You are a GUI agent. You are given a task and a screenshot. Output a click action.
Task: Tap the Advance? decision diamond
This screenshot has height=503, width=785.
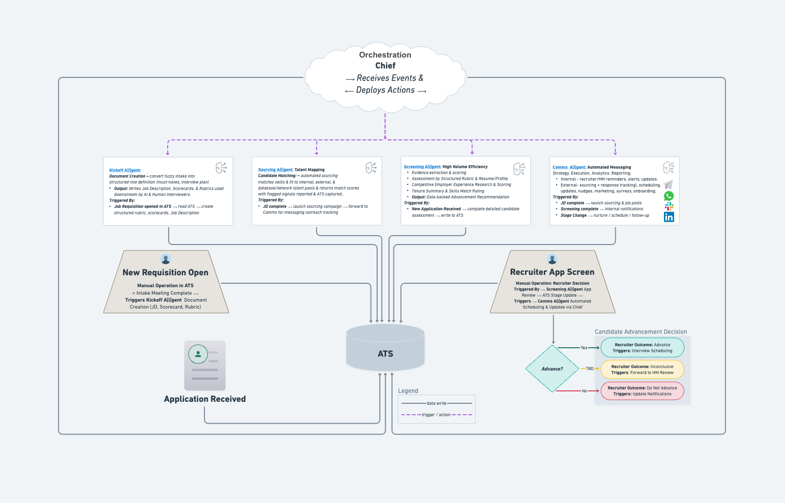coord(552,369)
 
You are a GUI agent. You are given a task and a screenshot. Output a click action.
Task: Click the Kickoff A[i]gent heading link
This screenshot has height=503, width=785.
coord(125,170)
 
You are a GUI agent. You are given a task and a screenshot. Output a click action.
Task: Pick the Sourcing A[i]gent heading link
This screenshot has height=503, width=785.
coord(275,170)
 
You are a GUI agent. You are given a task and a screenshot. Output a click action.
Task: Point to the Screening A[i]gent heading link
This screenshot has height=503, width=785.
coord(422,167)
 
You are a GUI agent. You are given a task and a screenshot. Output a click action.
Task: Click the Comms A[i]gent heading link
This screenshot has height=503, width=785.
coord(569,167)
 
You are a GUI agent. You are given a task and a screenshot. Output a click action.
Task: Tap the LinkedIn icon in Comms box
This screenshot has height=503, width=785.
coord(669,217)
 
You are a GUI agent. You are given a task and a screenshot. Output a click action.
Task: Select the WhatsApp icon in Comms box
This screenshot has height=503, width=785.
coord(669,196)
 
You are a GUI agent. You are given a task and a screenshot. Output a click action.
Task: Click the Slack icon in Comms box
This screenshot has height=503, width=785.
coord(669,206)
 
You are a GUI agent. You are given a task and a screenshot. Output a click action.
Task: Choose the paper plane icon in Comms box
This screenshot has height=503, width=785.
coord(668,185)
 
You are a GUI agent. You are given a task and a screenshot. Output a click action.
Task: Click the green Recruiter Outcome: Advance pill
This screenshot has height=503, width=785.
coord(642,348)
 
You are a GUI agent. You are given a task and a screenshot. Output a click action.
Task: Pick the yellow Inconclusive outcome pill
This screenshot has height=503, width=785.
coord(642,370)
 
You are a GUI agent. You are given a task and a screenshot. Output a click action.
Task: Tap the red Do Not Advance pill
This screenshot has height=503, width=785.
coord(642,391)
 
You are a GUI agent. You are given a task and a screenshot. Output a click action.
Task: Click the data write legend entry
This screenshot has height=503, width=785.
coord(437,403)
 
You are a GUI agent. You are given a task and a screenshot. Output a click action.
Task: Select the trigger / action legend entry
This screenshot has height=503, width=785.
coord(436,415)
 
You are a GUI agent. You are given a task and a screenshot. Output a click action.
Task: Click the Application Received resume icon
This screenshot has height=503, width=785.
coord(205,365)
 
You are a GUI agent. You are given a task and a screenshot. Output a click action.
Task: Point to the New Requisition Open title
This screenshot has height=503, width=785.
coord(165,272)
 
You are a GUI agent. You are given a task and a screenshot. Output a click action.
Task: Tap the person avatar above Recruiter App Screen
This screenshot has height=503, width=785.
coord(552,259)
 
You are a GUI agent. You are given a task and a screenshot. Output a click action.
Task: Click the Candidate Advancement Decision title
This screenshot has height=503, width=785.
coord(641,332)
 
